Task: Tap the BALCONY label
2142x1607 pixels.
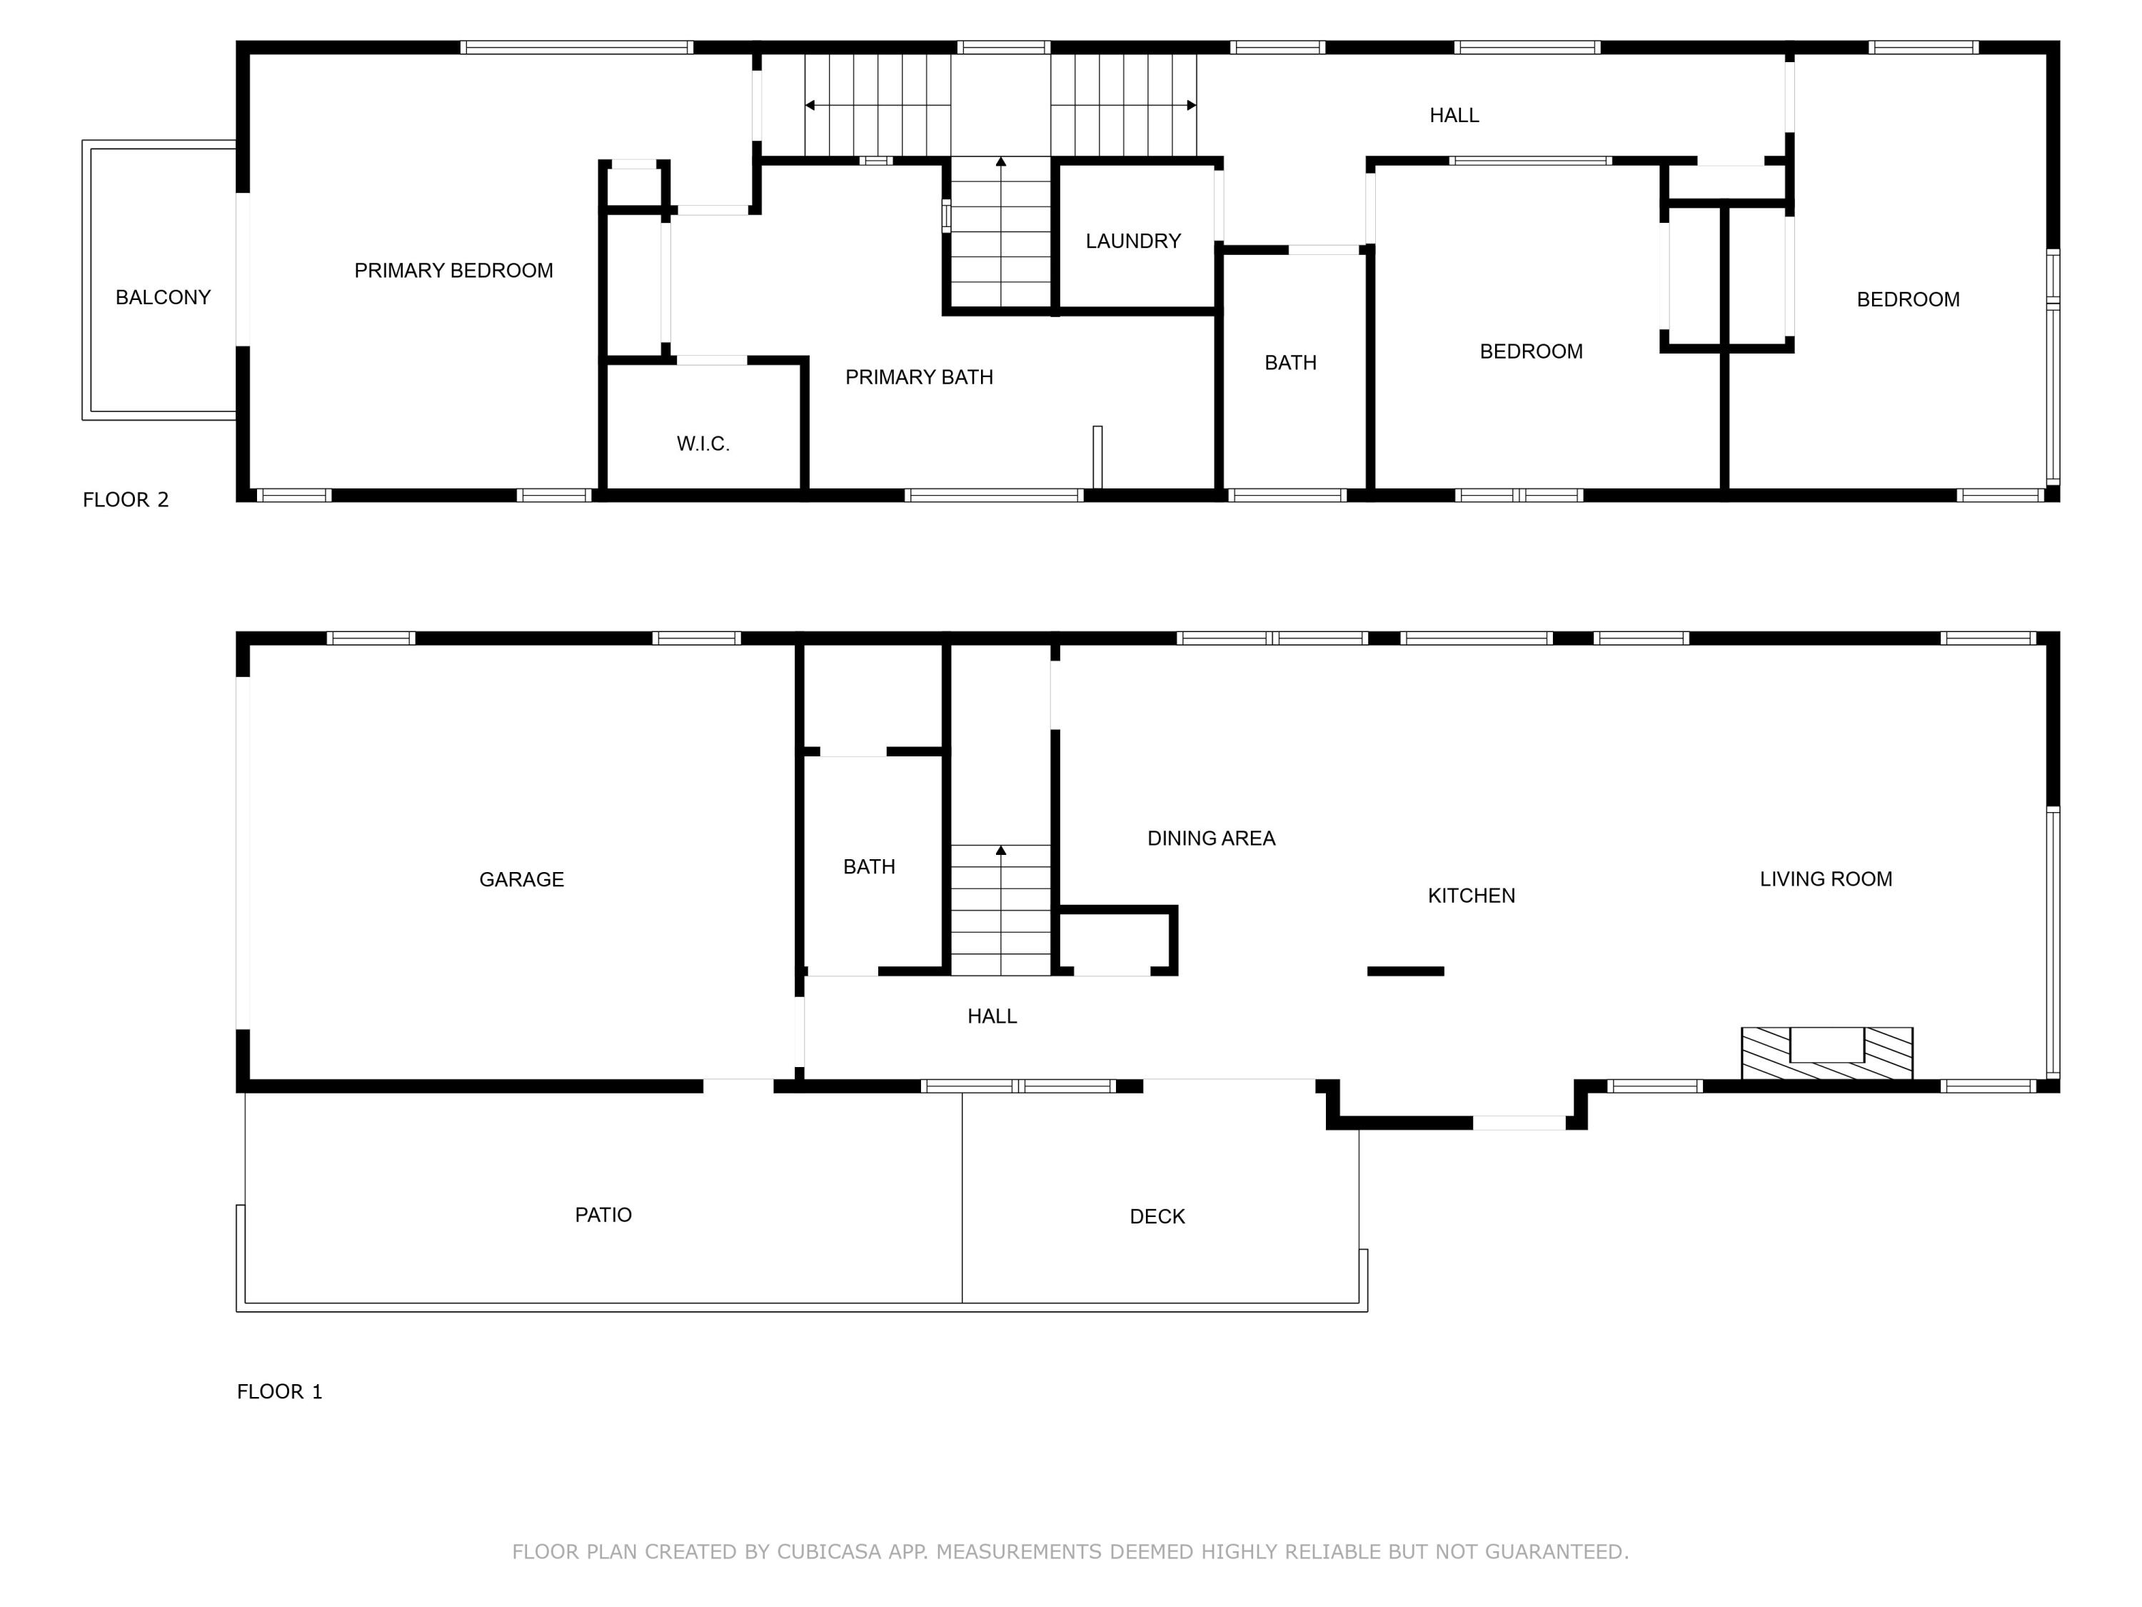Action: (163, 297)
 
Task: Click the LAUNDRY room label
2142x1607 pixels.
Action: (1133, 241)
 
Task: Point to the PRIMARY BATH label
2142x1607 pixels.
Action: (919, 378)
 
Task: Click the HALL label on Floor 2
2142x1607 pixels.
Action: (1454, 115)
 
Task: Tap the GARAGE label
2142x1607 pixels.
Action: (521, 879)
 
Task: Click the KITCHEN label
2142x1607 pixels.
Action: (1471, 896)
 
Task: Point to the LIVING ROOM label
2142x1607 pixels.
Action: (1826, 879)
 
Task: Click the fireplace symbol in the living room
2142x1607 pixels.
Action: (1826, 1053)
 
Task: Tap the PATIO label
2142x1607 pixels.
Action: (603, 1215)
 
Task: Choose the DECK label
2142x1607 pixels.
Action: (1157, 1216)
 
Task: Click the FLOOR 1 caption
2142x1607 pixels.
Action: (279, 1392)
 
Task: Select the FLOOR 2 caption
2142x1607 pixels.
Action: (126, 500)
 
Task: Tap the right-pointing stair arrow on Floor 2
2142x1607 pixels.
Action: (1190, 104)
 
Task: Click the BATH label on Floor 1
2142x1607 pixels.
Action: (869, 867)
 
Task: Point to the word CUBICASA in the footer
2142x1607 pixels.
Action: (828, 1552)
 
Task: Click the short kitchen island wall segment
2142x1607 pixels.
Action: (1405, 971)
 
